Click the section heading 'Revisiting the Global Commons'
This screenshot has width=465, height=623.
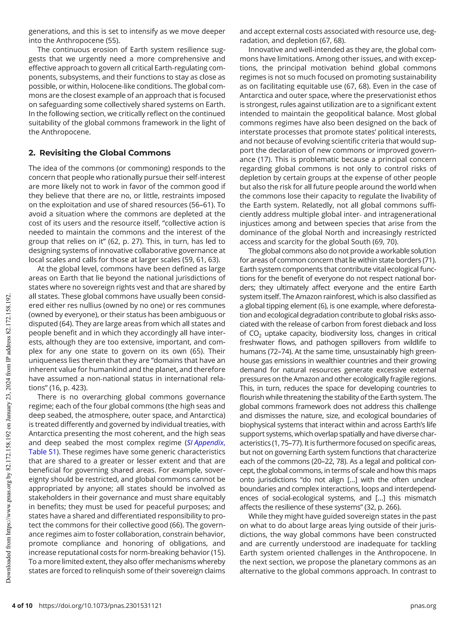pyautogui.click(x=105, y=153)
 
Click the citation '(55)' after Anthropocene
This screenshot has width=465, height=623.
pyautogui.click(x=113, y=41)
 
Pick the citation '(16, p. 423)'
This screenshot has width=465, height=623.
pyautogui.click(x=68, y=388)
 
